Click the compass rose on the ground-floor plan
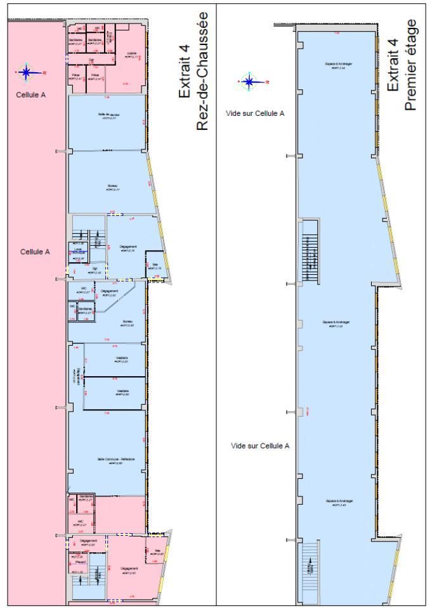[x=26, y=72]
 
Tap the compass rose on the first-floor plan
[x=249, y=81]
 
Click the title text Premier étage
[x=411, y=65]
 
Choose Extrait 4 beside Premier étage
[x=393, y=65]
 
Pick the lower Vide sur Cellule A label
[x=260, y=446]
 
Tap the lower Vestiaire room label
[x=122, y=391]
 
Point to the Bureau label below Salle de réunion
[x=112, y=186]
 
